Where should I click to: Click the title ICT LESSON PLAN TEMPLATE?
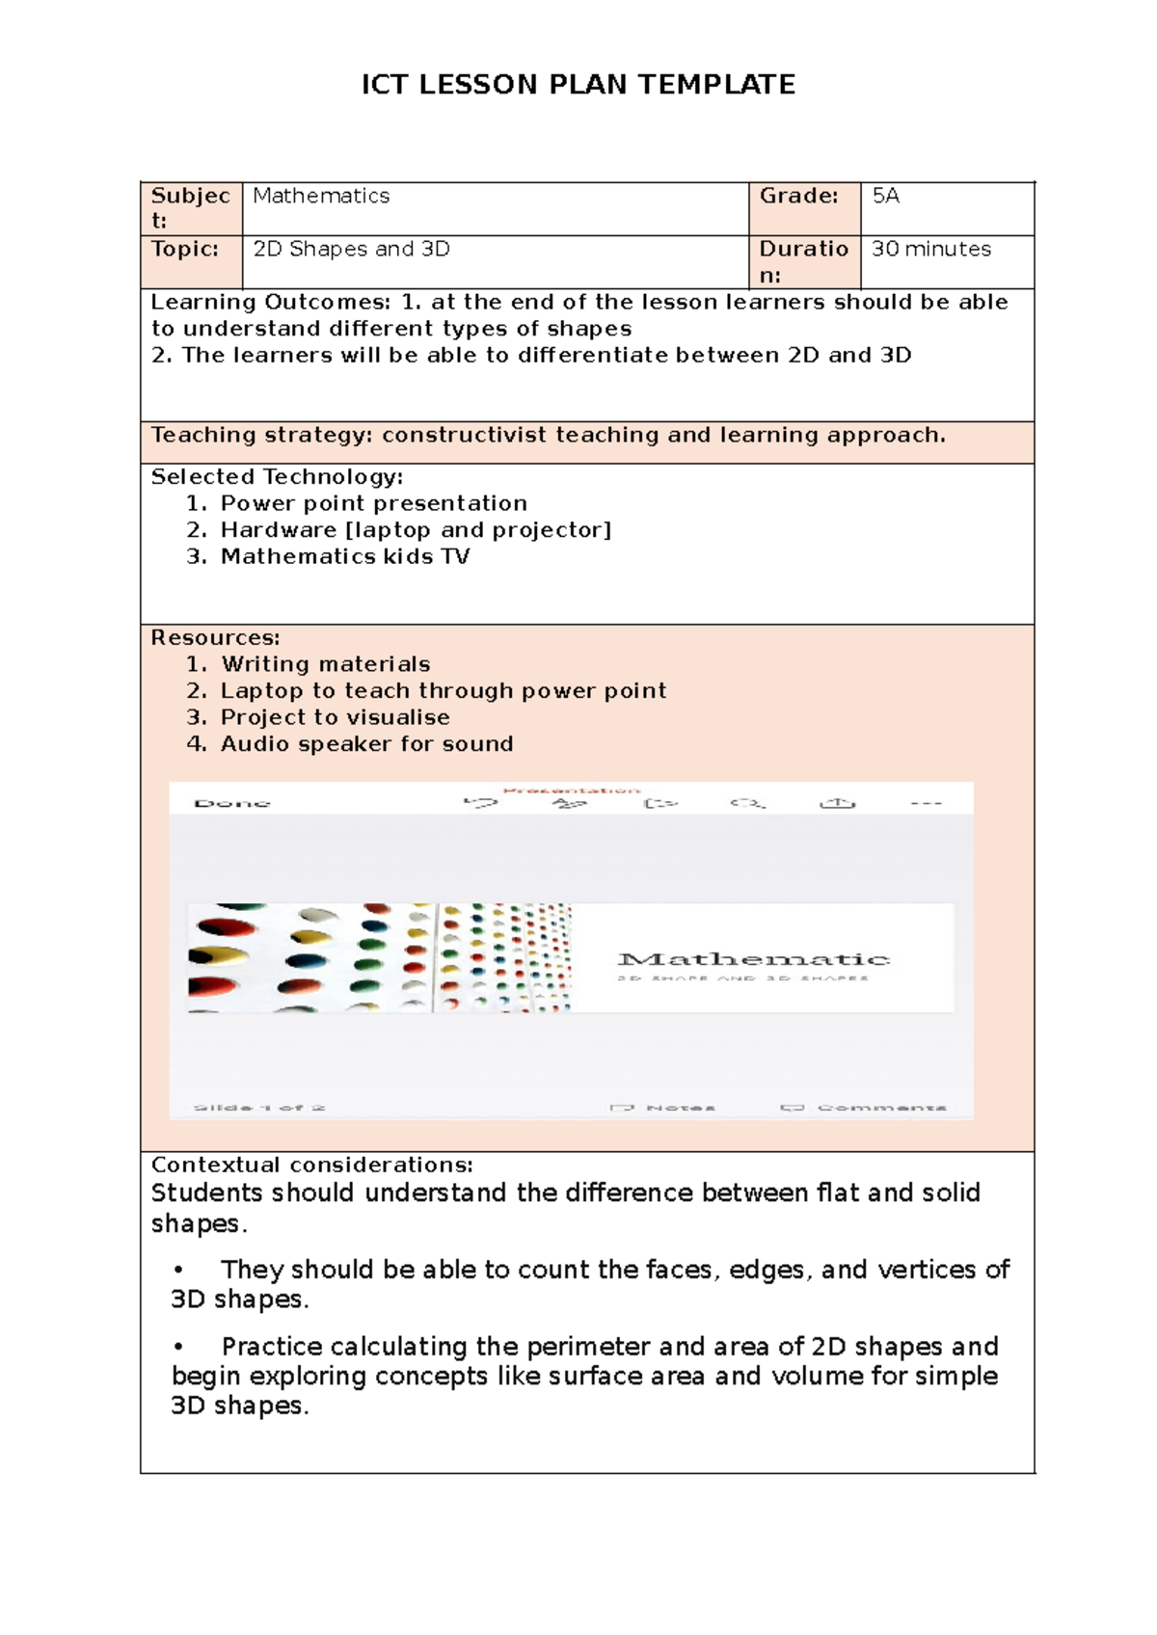(578, 85)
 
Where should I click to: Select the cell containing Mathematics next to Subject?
(321, 197)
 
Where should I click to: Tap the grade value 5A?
(885, 197)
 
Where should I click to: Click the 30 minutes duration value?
(930, 250)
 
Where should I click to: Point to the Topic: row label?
(185, 250)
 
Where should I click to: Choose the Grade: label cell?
(798, 197)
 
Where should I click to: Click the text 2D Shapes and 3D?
(351, 250)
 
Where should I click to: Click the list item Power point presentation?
(373, 503)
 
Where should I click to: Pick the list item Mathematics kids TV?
(344, 557)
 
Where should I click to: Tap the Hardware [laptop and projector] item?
(416, 530)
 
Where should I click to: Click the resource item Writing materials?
(325, 664)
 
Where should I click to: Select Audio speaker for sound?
(366, 744)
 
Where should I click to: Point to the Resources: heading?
(215, 638)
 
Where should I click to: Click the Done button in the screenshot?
(232, 803)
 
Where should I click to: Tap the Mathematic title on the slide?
(752, 959)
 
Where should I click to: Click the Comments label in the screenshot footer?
(880, 1108)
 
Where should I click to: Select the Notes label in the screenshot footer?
(679, 1108)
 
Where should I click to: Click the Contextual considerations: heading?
(311, 1166)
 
